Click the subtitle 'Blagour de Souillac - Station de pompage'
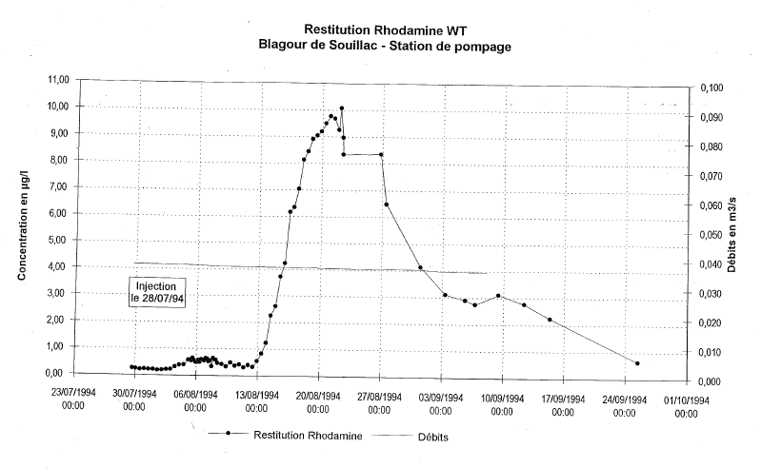click(385, 45)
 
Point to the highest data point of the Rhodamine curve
click(341, 108)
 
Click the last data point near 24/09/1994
click(636, 363)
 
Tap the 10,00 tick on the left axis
click(54, 107)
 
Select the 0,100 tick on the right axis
click(711, 88)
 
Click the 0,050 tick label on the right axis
click(711, 235)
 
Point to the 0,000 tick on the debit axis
click(711, 381)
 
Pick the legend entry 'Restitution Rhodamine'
click(301, 435)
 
